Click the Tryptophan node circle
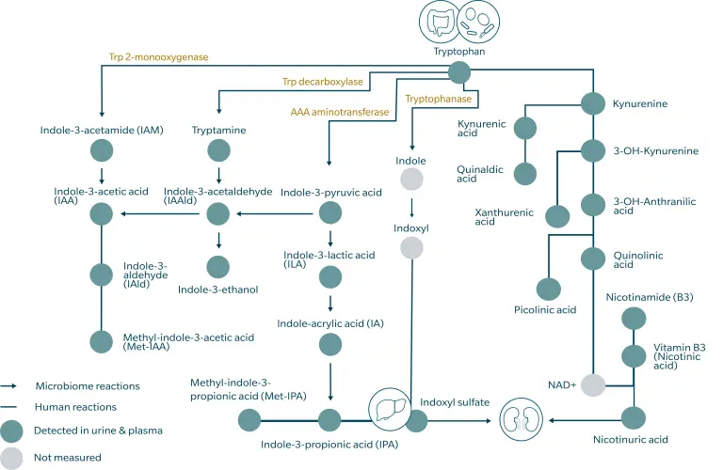459,72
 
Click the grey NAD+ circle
592,385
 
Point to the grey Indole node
411,180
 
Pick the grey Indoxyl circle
411,247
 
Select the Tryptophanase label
437,98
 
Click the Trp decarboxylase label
323,83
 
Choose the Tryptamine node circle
218,149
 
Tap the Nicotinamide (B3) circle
633,318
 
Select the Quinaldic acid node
524,173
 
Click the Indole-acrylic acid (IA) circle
330,344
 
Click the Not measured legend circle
11,458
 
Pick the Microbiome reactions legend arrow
10,386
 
